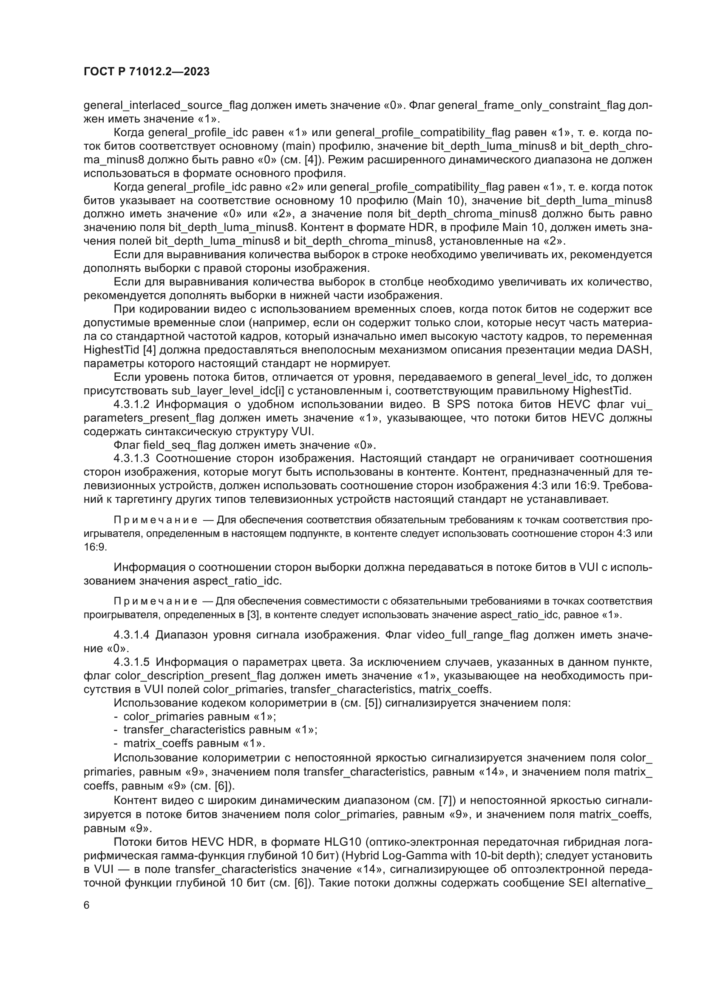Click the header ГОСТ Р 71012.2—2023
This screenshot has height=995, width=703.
146,71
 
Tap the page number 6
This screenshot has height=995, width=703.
87,905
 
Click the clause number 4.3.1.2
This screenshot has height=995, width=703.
132,404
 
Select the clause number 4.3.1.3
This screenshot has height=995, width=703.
132,459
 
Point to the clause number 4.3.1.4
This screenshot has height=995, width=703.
132,635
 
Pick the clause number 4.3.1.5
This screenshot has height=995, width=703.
132,662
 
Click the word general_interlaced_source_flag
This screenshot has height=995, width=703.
166,106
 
